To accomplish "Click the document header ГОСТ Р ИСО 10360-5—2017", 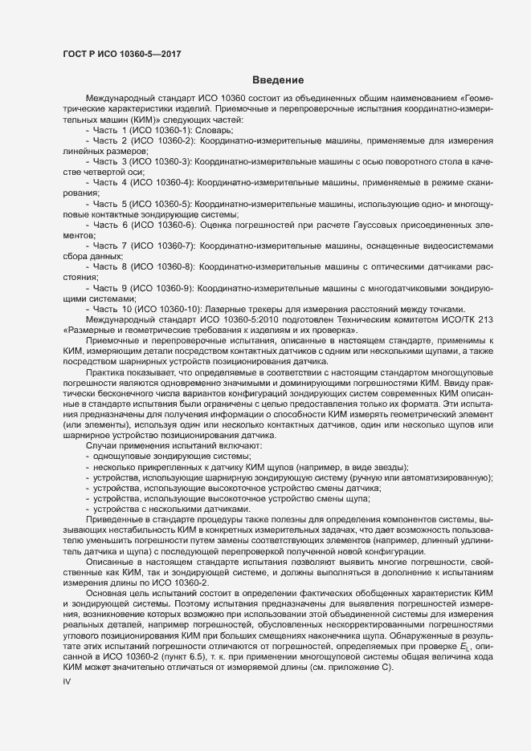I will click(120, 54).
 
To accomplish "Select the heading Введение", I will click(277, 80).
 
